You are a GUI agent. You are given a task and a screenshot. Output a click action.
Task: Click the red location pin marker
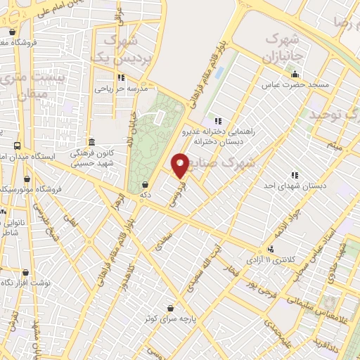[x=180, y=165]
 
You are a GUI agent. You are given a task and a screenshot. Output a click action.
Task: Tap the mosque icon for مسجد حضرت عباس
[x=295, y=75]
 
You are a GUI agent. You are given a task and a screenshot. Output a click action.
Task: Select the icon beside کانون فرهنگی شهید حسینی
[x=93, y=141]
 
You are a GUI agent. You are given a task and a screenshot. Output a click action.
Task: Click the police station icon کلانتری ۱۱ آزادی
[x=271, y=250]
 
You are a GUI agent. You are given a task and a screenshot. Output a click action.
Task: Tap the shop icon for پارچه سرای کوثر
[x=171, y=307]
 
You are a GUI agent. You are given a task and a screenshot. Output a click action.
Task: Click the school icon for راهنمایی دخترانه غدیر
[x=219, y=120]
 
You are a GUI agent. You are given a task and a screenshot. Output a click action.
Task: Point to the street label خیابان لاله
[x=130, y=131]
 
